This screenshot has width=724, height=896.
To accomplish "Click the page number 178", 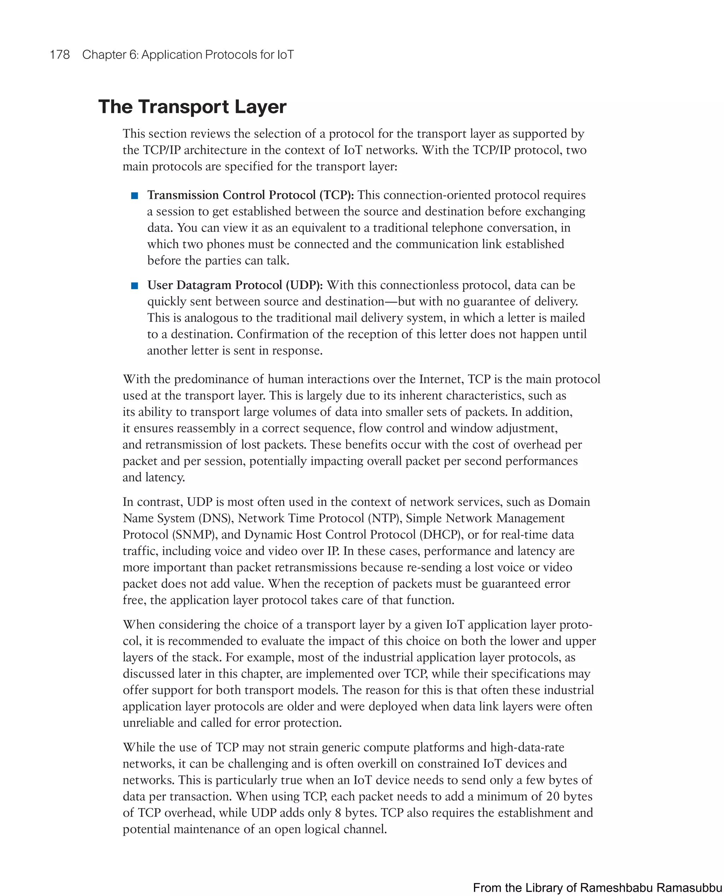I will [x=60, y=55].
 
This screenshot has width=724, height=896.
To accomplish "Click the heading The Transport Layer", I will [x=192, y=107].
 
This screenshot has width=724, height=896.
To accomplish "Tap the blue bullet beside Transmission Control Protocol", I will [x=135, y=196].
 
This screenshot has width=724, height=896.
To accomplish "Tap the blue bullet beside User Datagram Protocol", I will [x=135, y=286].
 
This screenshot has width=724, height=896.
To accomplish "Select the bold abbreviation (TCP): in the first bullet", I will [x=337, y=195].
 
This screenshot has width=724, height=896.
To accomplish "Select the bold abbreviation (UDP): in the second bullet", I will [x=304, y=285].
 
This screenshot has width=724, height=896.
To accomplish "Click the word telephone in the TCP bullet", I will [x=458, y=228].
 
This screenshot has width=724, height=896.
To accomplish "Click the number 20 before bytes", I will [x=553, y=796].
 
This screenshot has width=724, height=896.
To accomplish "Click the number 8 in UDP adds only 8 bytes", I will [x=338, y=813].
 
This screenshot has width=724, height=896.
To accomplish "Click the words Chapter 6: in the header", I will [x=110, y=55].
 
